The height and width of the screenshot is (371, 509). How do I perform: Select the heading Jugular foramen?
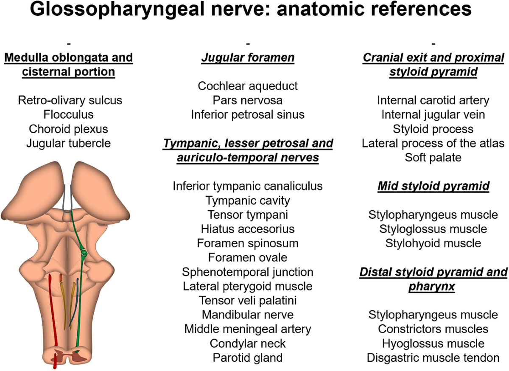248,57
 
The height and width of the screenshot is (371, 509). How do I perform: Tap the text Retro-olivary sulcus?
70,100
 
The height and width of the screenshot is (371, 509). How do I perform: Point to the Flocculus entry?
68,114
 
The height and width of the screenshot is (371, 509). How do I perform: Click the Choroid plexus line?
68,129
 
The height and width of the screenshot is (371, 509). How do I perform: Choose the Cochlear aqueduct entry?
248,86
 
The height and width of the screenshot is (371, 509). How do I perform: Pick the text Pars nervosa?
248,100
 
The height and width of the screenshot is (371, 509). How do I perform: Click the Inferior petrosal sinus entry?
248,114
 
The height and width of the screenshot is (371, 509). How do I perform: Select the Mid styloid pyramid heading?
433,186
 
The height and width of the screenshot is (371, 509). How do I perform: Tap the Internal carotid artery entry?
433,100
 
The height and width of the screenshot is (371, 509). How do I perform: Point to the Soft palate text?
433,157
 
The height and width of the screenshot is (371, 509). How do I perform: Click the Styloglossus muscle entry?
433,229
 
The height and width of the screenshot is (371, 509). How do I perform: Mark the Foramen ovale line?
248,257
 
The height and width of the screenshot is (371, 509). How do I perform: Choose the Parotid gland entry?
248,357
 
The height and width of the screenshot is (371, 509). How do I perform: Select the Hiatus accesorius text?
248,229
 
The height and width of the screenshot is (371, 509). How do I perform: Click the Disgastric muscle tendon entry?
433,357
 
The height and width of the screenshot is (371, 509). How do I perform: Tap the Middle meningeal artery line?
248,329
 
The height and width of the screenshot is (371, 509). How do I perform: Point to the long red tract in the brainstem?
53,314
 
